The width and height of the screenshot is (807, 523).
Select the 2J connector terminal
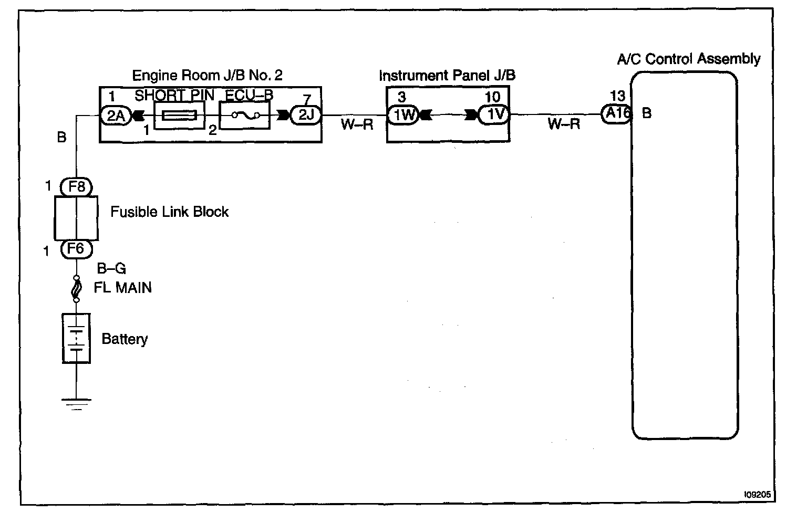pos(305,115)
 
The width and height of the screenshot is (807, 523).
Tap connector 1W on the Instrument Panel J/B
pos(403,115)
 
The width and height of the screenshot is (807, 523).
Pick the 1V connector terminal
pos(494,115)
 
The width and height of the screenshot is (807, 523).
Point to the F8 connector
pos(77,186)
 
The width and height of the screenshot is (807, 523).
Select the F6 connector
pos(77,248)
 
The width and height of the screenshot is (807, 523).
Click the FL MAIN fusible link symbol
pos(77,288)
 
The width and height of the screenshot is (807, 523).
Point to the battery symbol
pos(77,339)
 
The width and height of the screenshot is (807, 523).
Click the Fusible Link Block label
pos(169,212)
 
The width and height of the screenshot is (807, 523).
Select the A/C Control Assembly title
pos(688,59)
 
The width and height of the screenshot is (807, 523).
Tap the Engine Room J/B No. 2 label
pos(207,76)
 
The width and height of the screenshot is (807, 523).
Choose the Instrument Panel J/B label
pos(447,76)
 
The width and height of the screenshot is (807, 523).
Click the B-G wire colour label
pos(111,269)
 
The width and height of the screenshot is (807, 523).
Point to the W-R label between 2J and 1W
pos(356,125)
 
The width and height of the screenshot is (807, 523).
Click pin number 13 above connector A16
pos(618,96)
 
